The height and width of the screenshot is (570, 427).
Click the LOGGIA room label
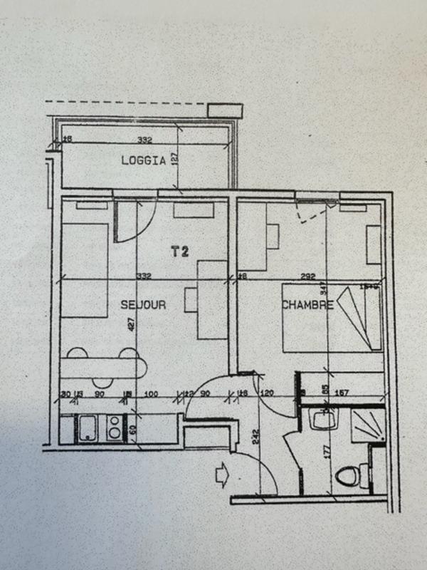click(143, 161)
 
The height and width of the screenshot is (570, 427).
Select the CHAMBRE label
click(307, 305)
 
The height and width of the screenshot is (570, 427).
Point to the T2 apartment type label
click(180, 251)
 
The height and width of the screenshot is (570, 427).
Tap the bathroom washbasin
click(321, 420)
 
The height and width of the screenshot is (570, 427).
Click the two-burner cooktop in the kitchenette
click(115, 427)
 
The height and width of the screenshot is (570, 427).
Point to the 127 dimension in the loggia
click(174, 158)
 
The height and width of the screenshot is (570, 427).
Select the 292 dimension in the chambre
click(307, 276)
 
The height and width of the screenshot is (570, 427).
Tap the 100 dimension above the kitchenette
click(150, 394)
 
